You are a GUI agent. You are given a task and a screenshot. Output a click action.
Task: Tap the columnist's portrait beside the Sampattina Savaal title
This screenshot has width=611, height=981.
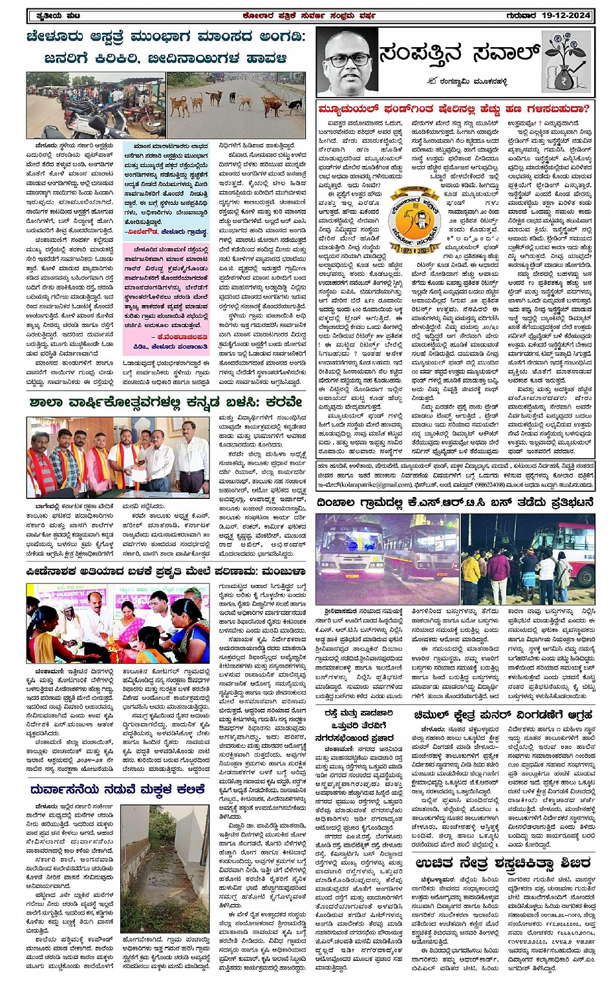[347, 63]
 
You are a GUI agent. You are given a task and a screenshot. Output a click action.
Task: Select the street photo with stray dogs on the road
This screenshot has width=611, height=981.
[235, 105]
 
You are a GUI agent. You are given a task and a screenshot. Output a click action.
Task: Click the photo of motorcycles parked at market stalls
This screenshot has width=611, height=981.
[95, 105]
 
